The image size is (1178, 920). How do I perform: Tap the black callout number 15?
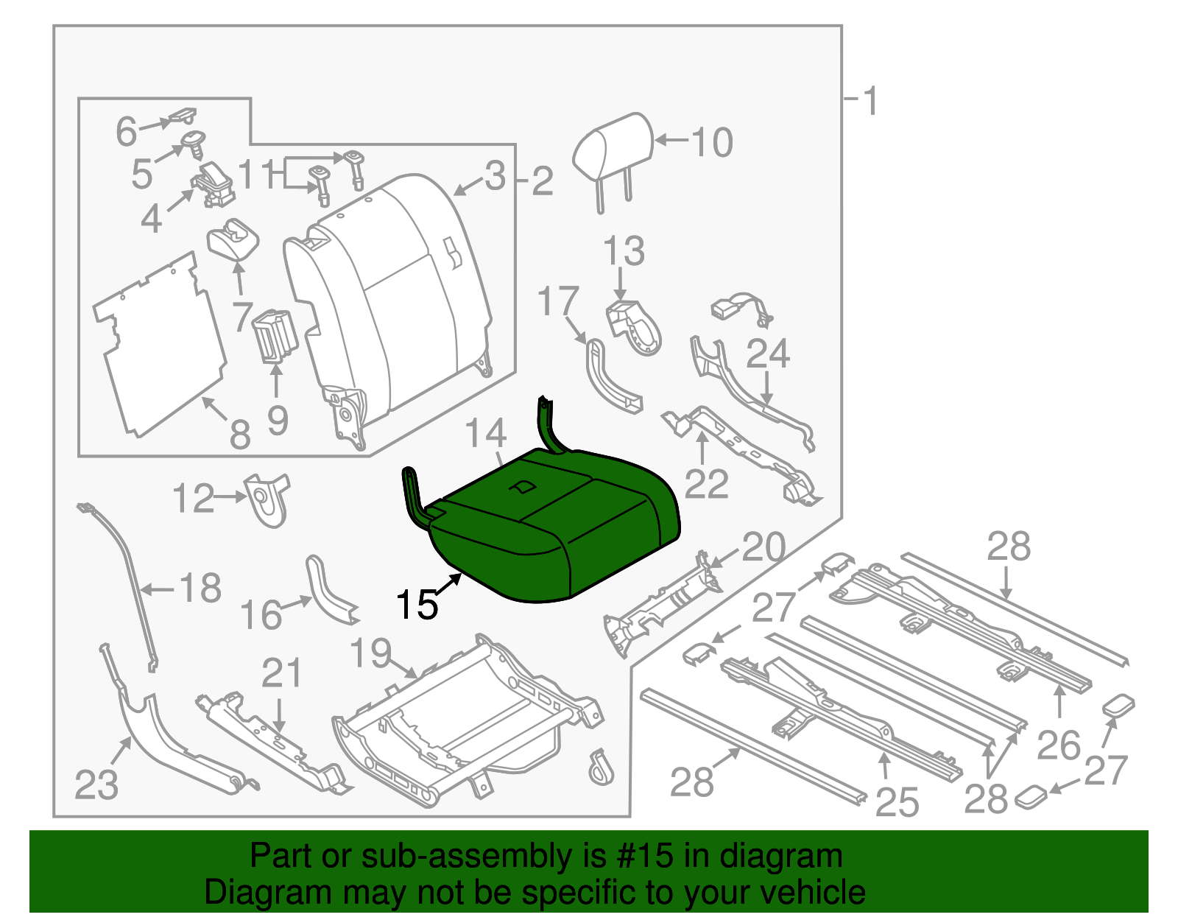(x=417, y=605)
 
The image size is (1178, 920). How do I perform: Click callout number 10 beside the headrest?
(x=711, y=142)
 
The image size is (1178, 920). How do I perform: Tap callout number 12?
(x=193, y=499)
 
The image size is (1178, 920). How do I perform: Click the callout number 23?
(x=96, y=784)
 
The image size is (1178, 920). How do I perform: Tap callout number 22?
(x=706, y=484)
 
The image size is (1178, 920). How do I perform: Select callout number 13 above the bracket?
(x=624, y=251)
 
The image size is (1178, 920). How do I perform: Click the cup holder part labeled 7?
(x=234, y=239)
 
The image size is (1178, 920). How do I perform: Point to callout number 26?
(x=1059, y=745)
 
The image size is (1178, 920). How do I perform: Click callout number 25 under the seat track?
(x=897, y=801)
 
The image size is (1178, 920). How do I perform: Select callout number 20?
(x=763, y=547)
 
